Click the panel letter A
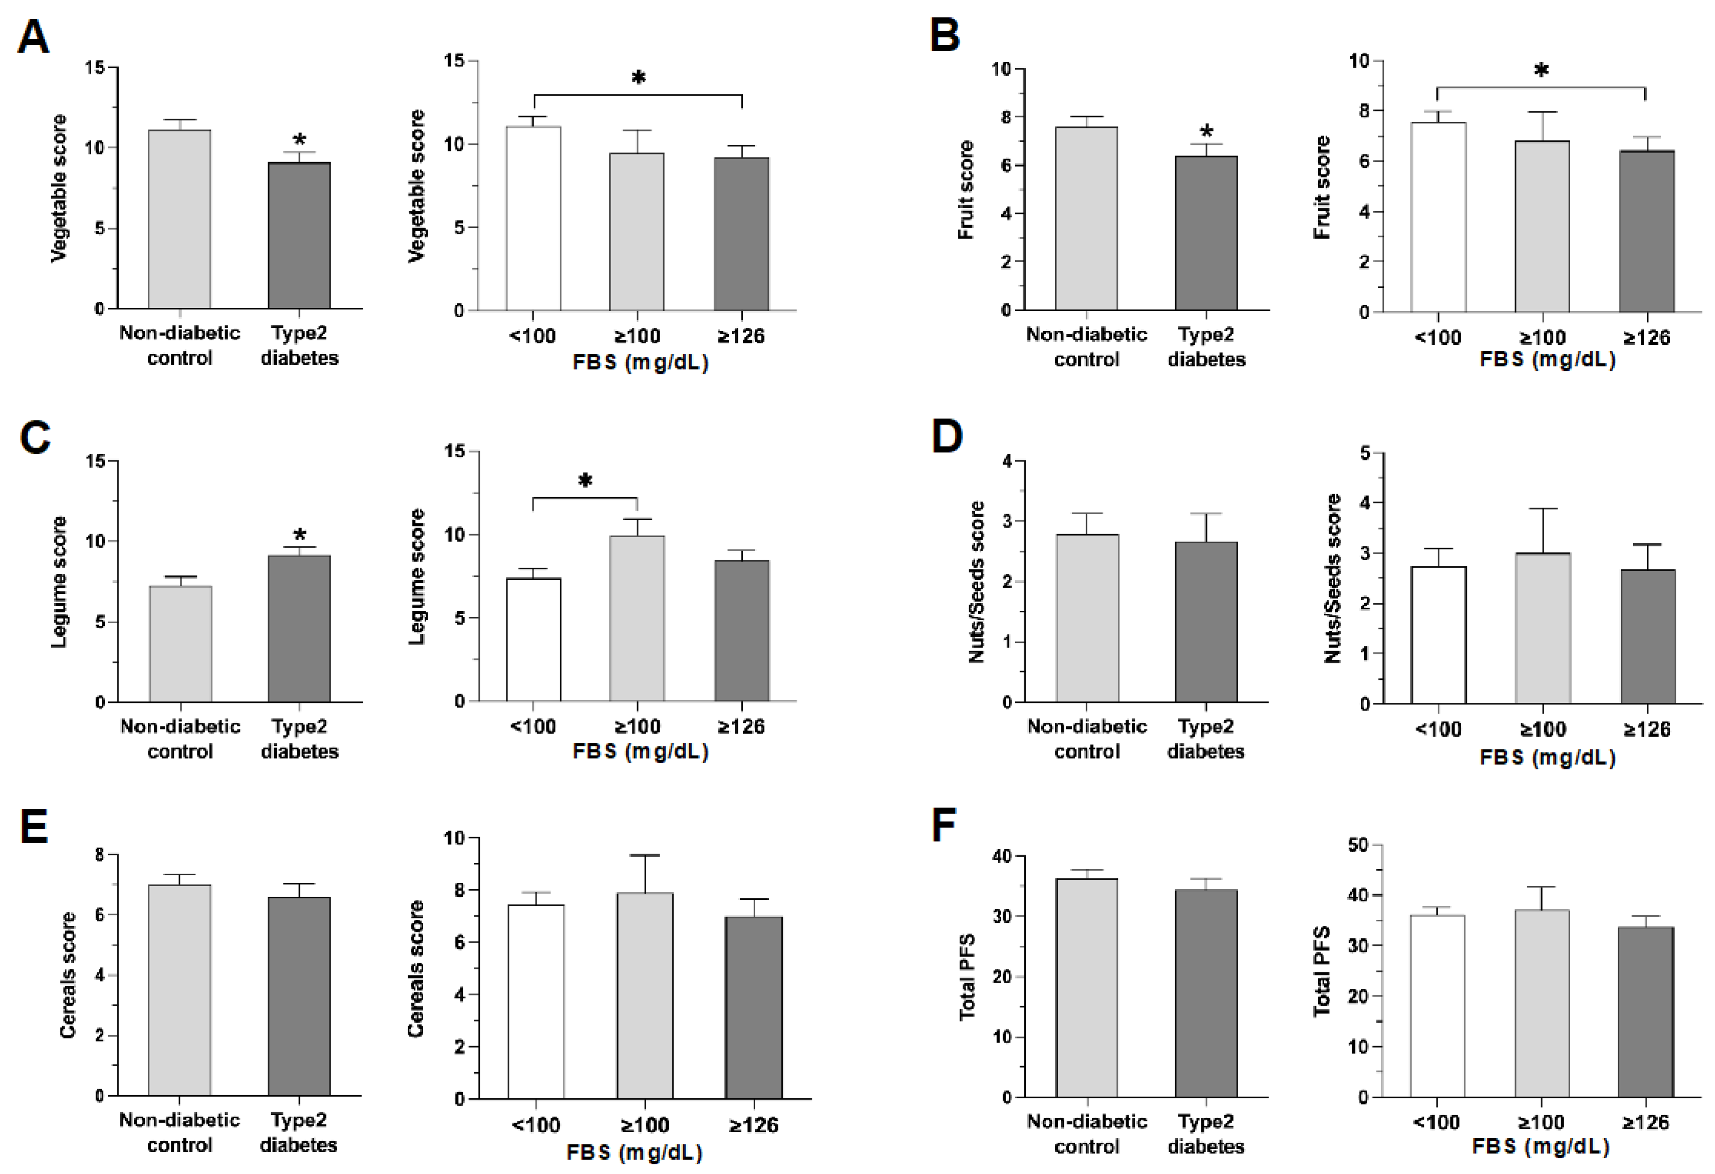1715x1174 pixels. (33, 37)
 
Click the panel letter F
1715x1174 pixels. (944, 825)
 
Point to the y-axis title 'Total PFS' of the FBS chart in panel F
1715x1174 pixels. (1322, 971)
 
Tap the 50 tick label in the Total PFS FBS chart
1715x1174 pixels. (1358, 846)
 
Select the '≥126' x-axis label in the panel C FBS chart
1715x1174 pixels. (741, 727)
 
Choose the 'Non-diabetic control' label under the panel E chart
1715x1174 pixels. (179, 1132)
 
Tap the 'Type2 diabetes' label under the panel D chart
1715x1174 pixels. (1206, 739)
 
